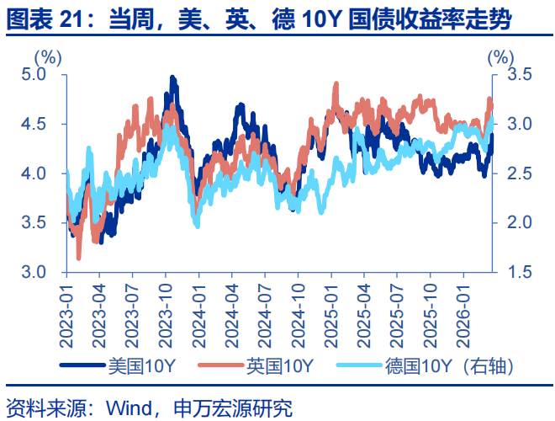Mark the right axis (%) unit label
pyautogui.click(x=499, y=57)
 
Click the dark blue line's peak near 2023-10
pyautogui.click(x=172, y=77)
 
